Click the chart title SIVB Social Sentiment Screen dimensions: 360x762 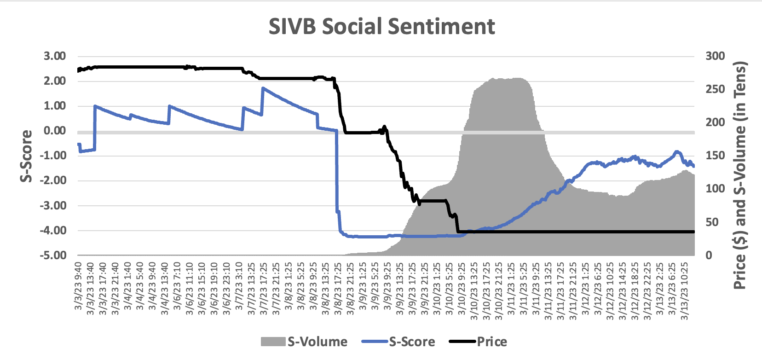tap(381, 26)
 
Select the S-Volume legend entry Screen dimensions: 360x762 tap(304, 342)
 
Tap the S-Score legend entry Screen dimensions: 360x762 tap(398, 342)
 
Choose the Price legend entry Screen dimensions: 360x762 tap(478, 342)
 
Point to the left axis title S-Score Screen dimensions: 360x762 tap(27, 156)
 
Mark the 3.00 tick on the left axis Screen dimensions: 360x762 tap(55, 56)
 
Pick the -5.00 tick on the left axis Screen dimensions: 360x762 tap(53, 255)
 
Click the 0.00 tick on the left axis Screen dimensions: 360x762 tap(55, 131)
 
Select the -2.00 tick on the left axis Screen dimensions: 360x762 tap(53, 180)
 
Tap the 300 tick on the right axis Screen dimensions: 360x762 tap(715, 56)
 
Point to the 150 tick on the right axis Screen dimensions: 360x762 tap(715, 156)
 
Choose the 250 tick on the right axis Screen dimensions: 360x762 tap(715, 89)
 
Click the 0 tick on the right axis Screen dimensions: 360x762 tap(709, 255)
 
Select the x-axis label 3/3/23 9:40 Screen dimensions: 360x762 tap(78, 285)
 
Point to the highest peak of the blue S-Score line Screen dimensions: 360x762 tap(263, 87)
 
